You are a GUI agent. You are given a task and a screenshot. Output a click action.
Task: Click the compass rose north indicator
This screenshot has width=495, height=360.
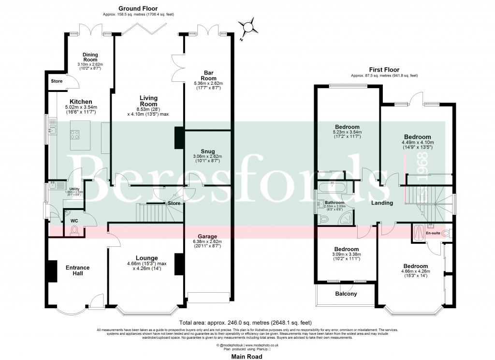(247, 27)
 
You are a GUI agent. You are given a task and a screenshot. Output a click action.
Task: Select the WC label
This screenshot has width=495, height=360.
(74, 221)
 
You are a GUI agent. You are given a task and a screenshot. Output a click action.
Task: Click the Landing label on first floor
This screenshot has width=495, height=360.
(382, 203)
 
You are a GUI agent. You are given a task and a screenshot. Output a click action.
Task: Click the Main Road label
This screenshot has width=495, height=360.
(247, 356)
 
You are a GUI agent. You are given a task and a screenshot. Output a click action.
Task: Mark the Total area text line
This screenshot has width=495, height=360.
(245, 322)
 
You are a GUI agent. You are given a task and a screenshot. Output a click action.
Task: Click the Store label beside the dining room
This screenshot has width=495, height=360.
(57, 81)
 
